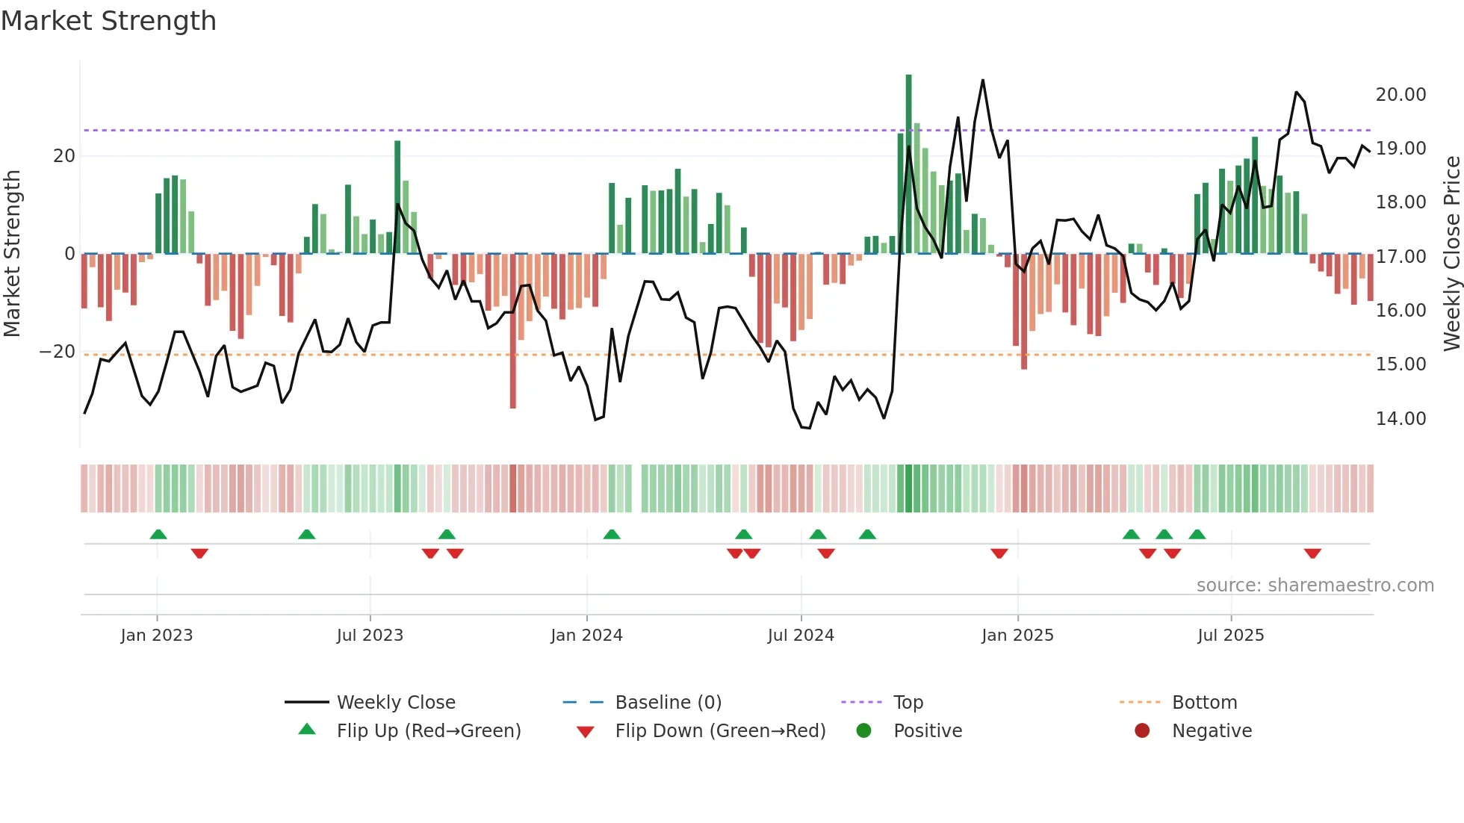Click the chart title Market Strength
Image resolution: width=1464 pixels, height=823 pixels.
pyautogui.click(x=108, y=21)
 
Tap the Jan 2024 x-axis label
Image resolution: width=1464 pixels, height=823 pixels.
pyautogui.click(x=586, y=636)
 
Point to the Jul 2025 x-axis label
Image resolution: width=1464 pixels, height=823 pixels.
pyautogui.click(x=1230, y=636)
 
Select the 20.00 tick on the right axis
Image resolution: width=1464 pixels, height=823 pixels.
pyautogui.click(x=1401, y=95)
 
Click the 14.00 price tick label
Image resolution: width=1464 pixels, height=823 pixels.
pyautogui.click(x=1401, y=419)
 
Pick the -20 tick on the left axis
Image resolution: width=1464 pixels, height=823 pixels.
pyautogui.click(x=58, y=352)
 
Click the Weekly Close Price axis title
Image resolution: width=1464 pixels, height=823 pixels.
pyautogui.click(x=1451, y=254)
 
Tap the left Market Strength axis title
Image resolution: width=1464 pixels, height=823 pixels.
pyautogui.click(x=12, y=254)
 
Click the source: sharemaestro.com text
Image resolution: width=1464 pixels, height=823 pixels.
pyautogui.click(x=1315, y=586)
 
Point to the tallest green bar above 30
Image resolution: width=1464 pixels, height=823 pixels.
pyautogui.click(x=909, y=164)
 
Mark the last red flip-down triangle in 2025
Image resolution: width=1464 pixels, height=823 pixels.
pyautogui.click(x=1312, y=553)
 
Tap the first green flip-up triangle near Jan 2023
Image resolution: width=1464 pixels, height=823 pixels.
pyautogui.click(x=158, y=534)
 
